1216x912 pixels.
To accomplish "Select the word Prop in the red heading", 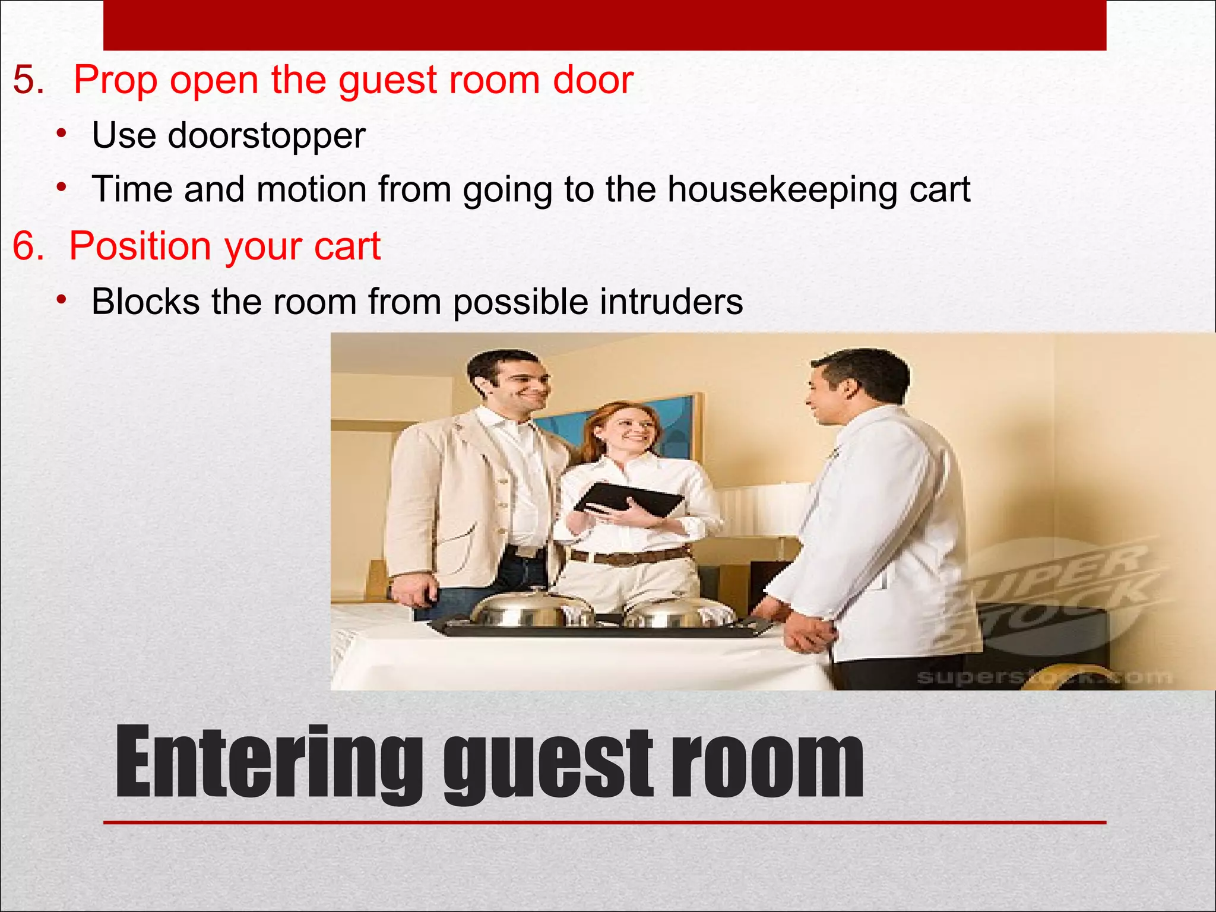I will point(115,81).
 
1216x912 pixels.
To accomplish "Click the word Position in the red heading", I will point(140,246).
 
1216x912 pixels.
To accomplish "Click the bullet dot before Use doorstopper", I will point(61,134).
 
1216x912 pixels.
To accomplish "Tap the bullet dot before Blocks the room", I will point(61,300).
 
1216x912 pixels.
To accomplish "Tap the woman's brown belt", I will point(629,556).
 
